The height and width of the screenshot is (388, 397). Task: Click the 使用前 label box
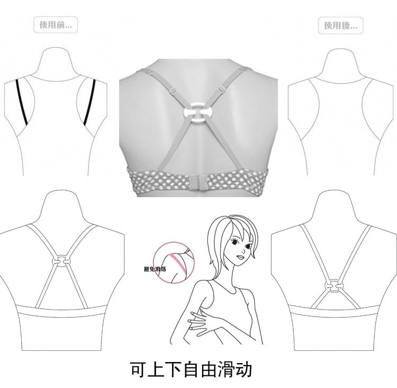pyautogui.click(x=56, y=24)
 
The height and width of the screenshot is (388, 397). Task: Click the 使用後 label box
pyautogui.click(x=340, y=25)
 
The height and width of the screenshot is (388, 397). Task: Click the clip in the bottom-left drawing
pyautogui.click(x=61, y=261)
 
